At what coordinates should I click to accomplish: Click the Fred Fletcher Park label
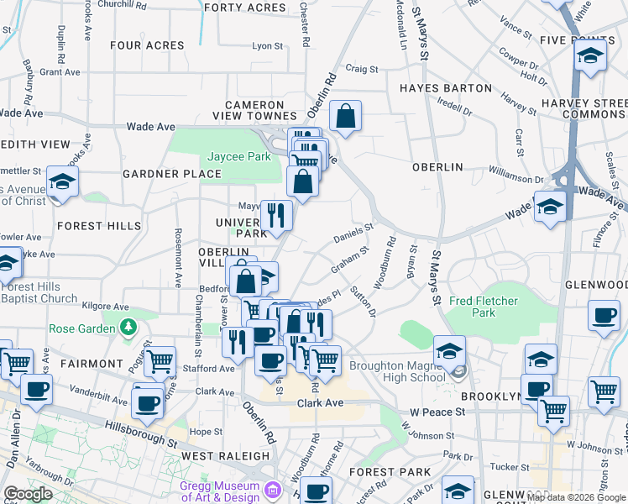[x=483, y=307]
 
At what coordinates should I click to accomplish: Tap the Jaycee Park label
[x=228, y=157]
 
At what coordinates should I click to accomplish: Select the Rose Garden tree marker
[x=128, y=327]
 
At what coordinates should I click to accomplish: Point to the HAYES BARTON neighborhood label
[x=446, y=88]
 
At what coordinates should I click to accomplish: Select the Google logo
[x=28, y=494]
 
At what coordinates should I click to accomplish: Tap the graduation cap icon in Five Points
[x=590, y=56]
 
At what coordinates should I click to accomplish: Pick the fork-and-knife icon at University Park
[x=275, y=214]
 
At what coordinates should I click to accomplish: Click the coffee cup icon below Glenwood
[x=604, y=317]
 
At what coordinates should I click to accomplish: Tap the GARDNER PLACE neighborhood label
[x=171, y=175]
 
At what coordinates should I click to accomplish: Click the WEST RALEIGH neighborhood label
[x=217, y=456]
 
